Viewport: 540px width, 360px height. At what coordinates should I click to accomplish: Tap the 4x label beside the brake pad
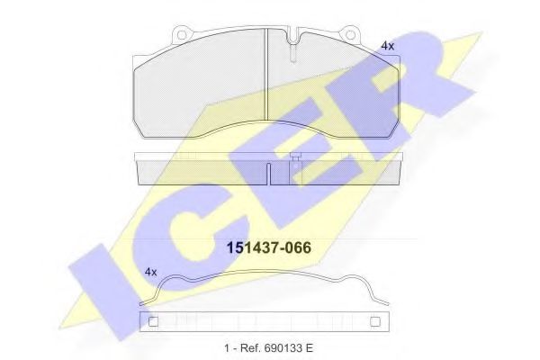pyautogui.click(x=387, y=45)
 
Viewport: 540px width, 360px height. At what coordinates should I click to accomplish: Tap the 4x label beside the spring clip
pyautogui.click(x=151, y=271)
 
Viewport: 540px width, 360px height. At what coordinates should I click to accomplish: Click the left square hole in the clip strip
pyautogui.click(x=152, y=320)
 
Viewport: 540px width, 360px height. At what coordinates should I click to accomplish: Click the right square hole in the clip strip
pyautogui.click(x=376, y=320)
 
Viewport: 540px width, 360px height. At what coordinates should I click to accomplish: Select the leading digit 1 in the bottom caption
pyautogui.click(x=227, y=347)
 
